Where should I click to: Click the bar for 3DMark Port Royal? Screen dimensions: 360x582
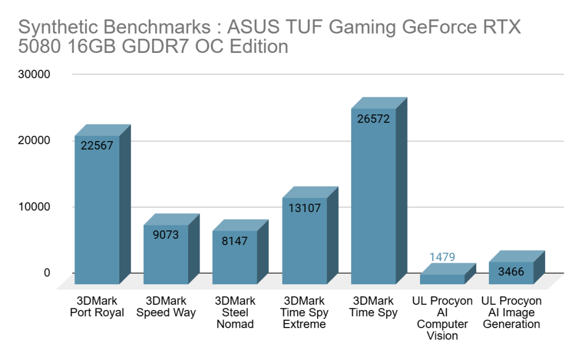click(x=97, y=216)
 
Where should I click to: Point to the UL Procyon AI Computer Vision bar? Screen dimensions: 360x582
click(x=442, y=279)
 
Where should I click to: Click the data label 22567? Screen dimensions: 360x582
click(x=97, y=146)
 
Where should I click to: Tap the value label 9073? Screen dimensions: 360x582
click(x=165, y=234)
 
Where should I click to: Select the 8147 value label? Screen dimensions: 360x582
click(x=234, y=241)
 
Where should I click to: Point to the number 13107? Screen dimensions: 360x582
click(x=304, y=208)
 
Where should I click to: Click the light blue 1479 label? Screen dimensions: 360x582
click(x=442, y=257)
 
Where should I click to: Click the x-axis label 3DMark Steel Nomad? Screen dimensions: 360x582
click(x=234, y=312)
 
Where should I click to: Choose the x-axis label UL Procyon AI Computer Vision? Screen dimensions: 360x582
click(x=442, y=318)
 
